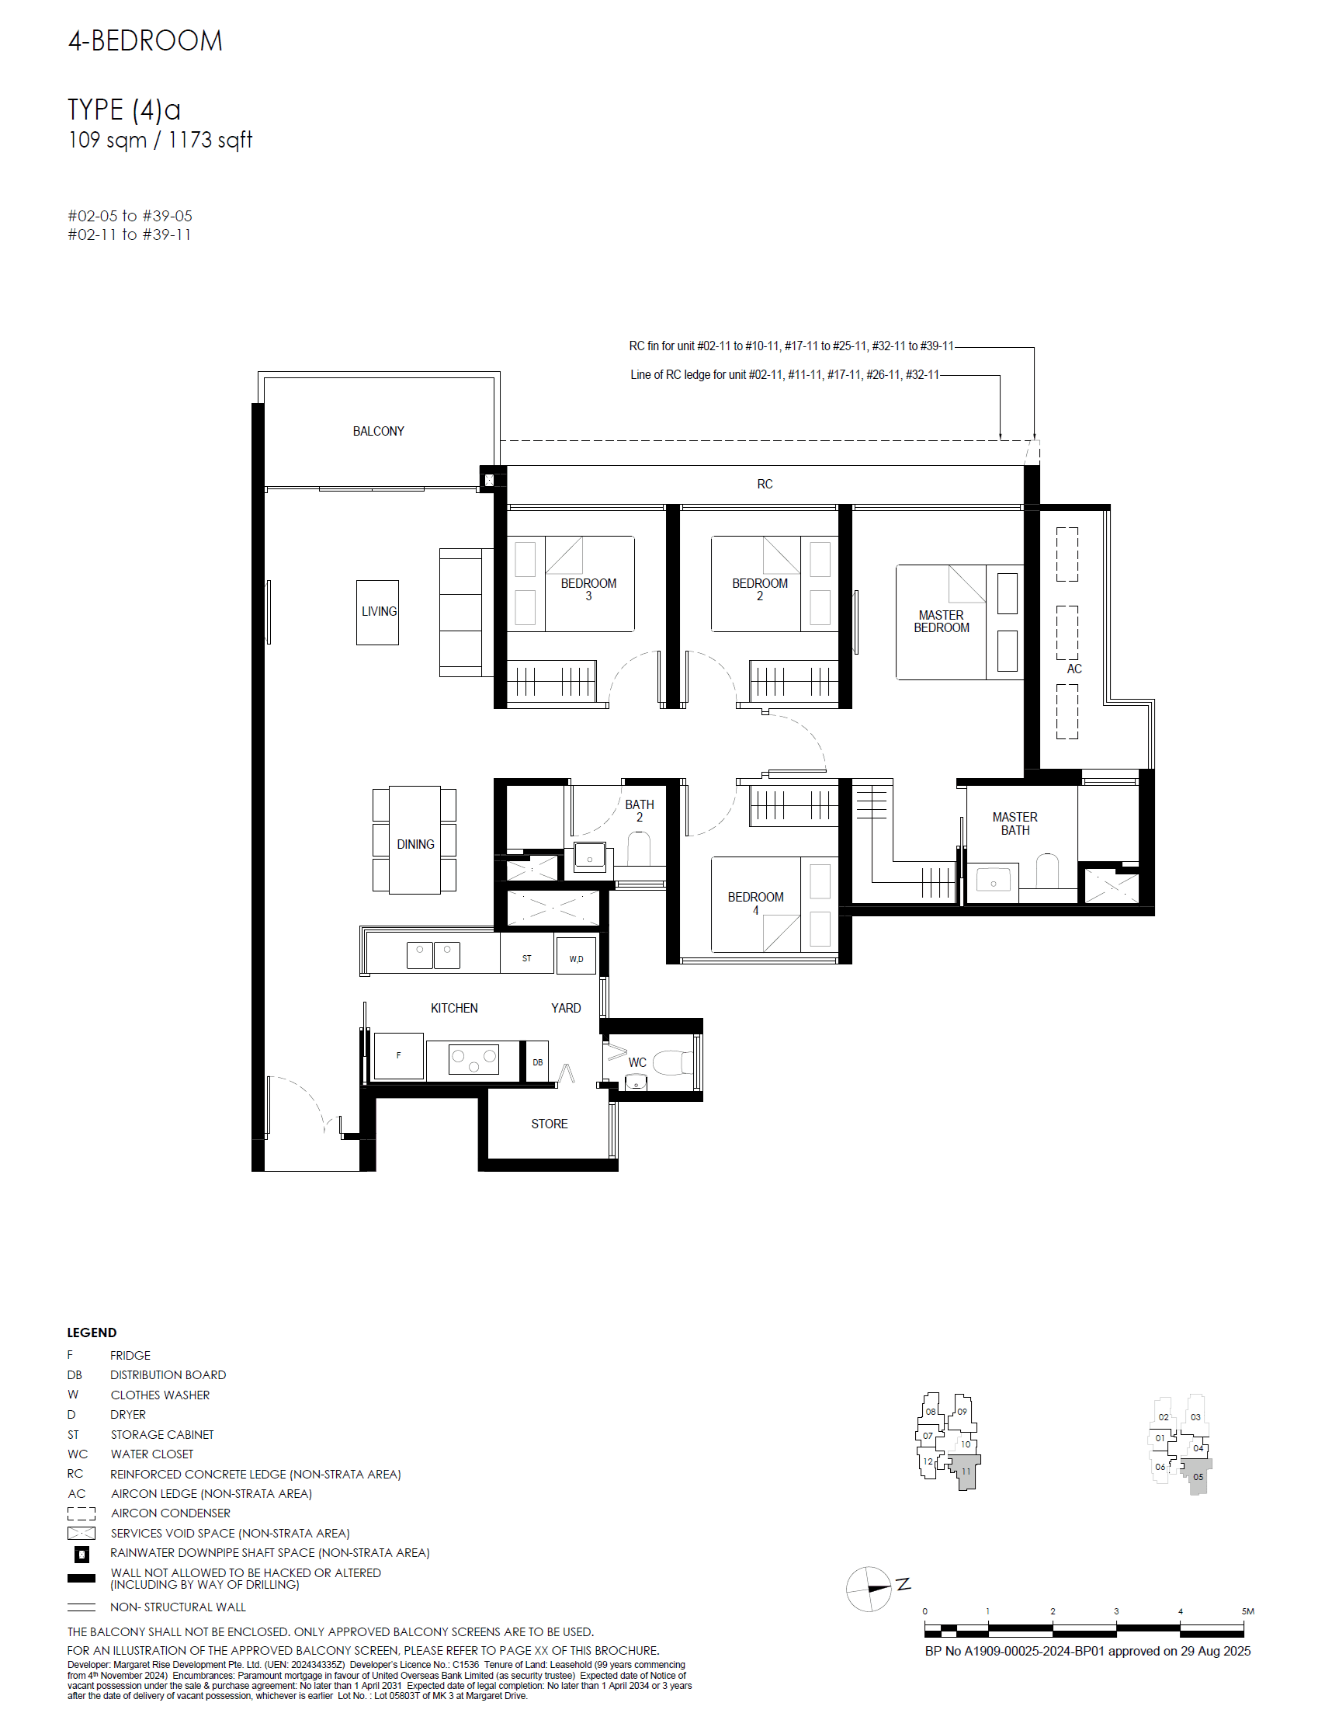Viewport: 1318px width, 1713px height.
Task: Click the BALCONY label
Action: (x=378, y=432)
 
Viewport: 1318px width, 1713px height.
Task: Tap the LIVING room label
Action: (x=379, y=611)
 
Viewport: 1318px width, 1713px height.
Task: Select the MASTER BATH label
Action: (x=1015, y=824)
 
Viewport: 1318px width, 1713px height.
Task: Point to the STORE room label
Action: (x=549, y=1124)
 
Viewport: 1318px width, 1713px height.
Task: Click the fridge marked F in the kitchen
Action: (x=398, y=1056)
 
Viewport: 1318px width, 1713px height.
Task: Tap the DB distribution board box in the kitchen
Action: (x=537, y=1062)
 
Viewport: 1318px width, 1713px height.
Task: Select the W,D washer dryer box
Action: (x=575, y=957)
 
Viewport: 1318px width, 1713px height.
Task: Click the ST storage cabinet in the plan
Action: (x=526, y=957)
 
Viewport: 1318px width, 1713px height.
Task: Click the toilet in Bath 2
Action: (x=639, y=849)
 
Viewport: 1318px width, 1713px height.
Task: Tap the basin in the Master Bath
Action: (x=994, y=881)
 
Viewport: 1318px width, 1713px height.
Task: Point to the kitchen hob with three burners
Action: (x=473, y=1060)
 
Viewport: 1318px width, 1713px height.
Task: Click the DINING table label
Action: (x=414, y=844)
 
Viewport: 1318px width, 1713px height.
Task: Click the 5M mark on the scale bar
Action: (x=1247, y=1611)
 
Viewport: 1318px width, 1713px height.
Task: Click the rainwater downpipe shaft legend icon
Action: (x=82, y=1554)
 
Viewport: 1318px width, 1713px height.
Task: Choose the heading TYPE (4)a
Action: (x=124, y=109)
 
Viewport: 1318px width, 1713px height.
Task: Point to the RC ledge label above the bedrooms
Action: (x=765, y=484)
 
